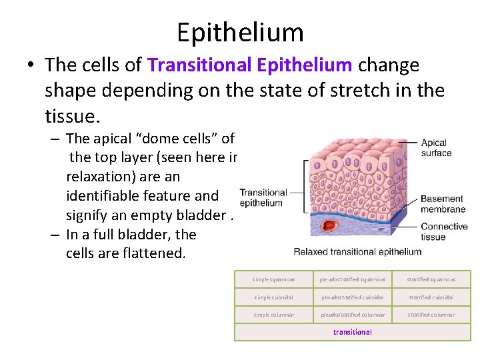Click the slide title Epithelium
(240, 31)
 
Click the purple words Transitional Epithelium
(250, 65)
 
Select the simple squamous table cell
(274, 279)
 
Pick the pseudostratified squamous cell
(353, 279)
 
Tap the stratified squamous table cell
(431, 279)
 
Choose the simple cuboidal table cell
(274, 297)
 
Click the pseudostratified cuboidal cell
(353, 297)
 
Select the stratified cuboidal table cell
(431, 297)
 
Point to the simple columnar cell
(274, 315)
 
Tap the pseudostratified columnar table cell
(353, 315)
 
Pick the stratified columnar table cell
(431, 315)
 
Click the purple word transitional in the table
(353, 332)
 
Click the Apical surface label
(434, 147)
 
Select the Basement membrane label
(441, 203)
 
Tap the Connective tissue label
(444, 232)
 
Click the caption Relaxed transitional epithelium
(358, 251)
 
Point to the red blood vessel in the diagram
(328, 225)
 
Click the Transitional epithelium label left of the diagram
(263, 197)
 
